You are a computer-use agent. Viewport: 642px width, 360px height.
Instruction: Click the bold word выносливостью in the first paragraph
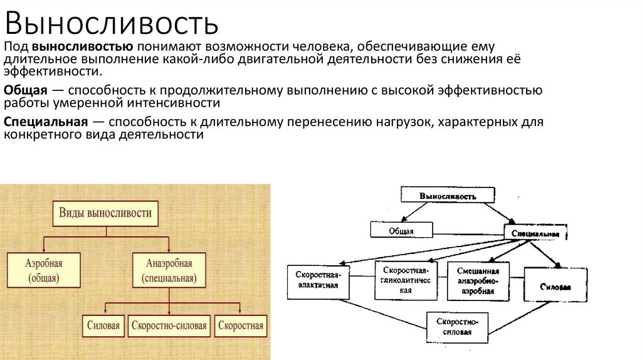82,47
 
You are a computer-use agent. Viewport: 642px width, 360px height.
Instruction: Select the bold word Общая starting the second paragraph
22,90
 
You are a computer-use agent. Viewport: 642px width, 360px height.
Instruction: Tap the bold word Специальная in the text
45,122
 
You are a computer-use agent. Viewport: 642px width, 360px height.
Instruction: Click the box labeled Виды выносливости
105,213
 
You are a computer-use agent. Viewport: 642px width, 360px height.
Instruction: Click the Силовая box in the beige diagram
103,326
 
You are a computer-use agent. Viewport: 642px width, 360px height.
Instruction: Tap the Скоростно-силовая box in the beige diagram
169,326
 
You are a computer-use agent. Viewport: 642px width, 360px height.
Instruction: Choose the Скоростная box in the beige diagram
241,326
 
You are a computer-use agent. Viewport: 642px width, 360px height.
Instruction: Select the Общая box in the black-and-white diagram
401,230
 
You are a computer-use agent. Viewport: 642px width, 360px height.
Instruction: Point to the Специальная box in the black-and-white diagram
535,233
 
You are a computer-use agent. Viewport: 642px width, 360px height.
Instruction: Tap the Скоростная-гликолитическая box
406,278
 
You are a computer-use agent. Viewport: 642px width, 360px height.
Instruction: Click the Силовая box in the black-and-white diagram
555,286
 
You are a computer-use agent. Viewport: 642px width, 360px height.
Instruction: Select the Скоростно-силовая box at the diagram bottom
458,326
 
